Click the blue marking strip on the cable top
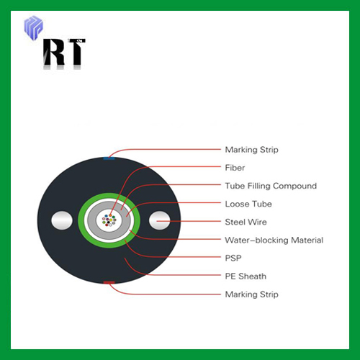pyautogui.click(x=109, y=158)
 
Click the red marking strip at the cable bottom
pyautogui.click(x=109, y=282)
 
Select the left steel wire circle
pyautogui.click(x=62, y=220)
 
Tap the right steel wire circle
pyautogui.click(x=160, y=220)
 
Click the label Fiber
pyautogui.click(x=235, y=168)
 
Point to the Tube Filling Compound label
pyautogui.click(x=271, y=186)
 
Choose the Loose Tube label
pyautogui.click(x=248, y=204)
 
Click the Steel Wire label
pyautogui.click(x=246, y=222)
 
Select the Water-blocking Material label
pyautogui.click(x=274, y=240)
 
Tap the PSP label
pyautogui.click(x=233, y=258)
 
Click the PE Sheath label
pyautogui.click(x=246, y=276)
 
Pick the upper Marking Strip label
pyautogui.click(x=251, y=150)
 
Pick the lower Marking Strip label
pyautogui.click(x=251, y=294)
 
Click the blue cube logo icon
pyautogui.click(x=34, y=27)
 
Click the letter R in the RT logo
pyautogui.click(x=54, y=52)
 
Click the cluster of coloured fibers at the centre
pyautogui.click(x=109, y=220)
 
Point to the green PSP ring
pyautogui.click(x=109, y=244)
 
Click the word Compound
pyautogui.click(x=294, y=186)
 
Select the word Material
pyautogui.click(x=307, y=240)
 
